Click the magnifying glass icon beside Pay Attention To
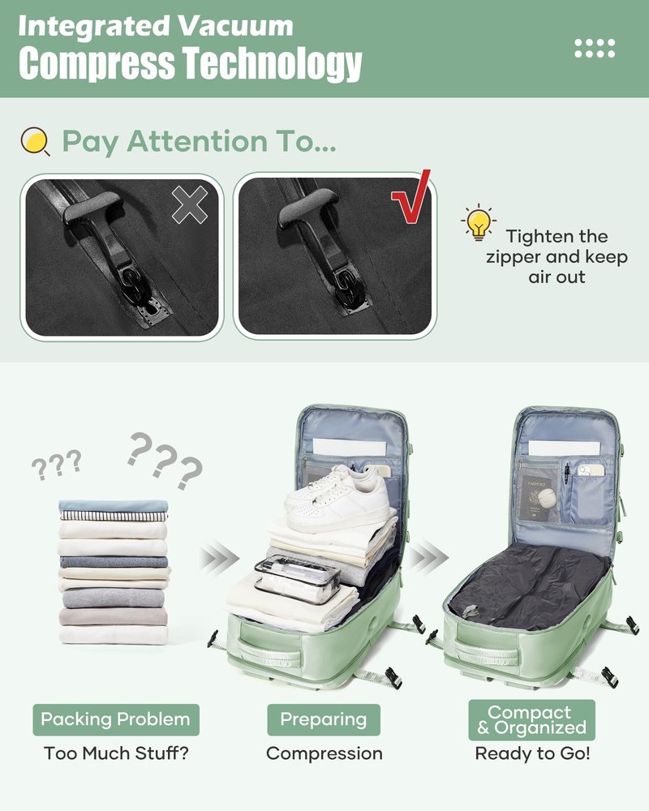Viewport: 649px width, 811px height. point(35,141)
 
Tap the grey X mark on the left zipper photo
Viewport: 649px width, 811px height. point(189,205)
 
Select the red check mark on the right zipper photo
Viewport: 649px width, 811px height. point(412,196)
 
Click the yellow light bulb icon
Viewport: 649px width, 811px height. point(478,222)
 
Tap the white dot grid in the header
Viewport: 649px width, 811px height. point(595,48)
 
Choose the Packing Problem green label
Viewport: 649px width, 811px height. point(116,719)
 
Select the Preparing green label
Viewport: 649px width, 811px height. point(324,719)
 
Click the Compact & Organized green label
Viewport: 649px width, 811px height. point(531,720)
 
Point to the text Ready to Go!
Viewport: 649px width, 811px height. point(532,753)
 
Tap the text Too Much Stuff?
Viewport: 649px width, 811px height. point(116,753)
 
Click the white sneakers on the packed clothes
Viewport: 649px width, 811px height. point(337,498)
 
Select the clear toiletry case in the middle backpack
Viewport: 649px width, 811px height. point(297,578)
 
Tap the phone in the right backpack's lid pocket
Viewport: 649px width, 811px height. point(591,470)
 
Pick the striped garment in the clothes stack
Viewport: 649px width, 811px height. point(114,516)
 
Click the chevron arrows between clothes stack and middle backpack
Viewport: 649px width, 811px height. point(219,558)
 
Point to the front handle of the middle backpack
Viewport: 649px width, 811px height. point(269,652)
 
